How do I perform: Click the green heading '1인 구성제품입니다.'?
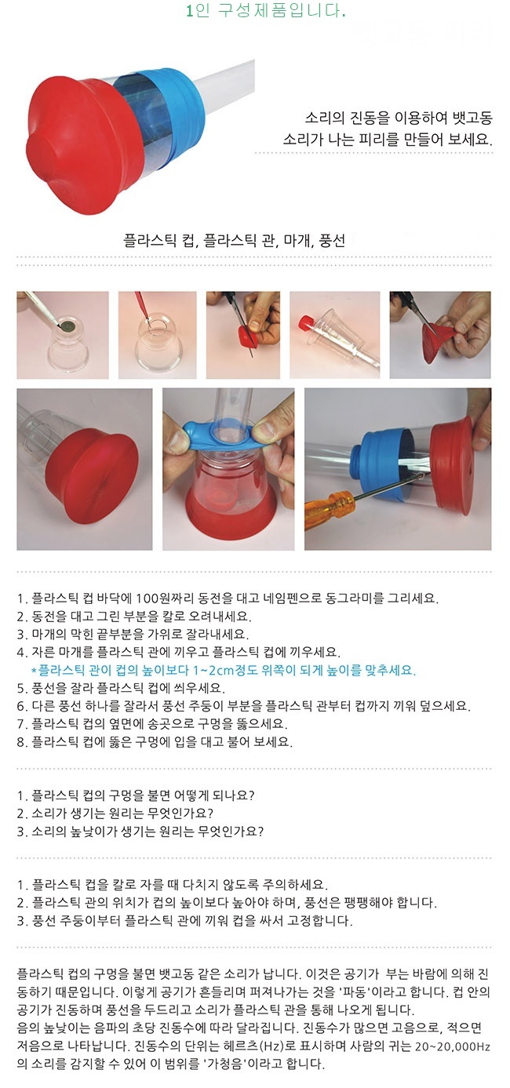coord(266,10)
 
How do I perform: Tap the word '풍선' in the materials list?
coord(332,241)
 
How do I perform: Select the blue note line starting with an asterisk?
coord(224,670)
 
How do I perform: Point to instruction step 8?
coord(155,742)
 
